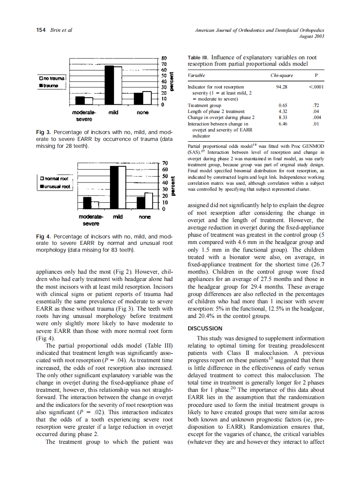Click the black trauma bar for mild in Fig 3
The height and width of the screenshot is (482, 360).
coord(110,85)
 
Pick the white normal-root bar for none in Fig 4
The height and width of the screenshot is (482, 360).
coord(149,200)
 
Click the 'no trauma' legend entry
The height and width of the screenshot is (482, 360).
coord(52,78)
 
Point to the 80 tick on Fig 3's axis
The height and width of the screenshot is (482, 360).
coord(164,57)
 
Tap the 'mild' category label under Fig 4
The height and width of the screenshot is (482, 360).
coord(118,217)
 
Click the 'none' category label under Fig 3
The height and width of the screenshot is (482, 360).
coord(143,113)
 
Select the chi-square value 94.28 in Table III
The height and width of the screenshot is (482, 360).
coord(282,87)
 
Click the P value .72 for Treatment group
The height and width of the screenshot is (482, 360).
coord(316,105)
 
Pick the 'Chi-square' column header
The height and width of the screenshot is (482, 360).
coord(282,75)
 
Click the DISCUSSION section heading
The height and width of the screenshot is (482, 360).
coord(205,329)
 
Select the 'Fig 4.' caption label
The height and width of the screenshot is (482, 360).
coord(44,236)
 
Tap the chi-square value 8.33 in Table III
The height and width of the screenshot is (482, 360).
coord(283,117)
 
